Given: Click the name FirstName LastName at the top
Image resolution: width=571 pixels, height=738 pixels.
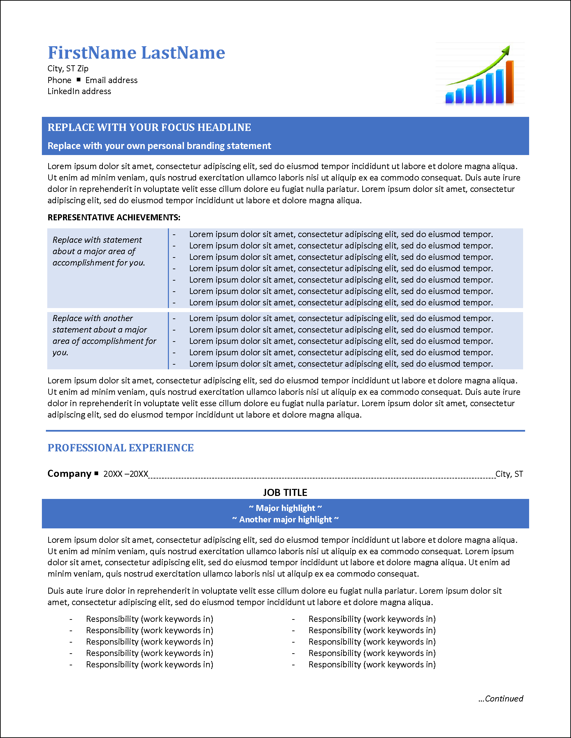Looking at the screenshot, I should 136,53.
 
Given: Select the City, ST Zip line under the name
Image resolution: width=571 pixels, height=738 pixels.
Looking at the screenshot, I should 68,69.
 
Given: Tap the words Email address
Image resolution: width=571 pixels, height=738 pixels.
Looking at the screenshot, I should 111,80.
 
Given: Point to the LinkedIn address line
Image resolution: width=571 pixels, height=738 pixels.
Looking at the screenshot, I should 79,91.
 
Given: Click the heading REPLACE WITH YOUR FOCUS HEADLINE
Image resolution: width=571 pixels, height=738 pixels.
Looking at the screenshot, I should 149,127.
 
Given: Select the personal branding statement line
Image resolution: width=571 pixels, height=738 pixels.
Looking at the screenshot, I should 159,146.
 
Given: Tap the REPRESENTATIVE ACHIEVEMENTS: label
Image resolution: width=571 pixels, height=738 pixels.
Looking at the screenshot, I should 114,217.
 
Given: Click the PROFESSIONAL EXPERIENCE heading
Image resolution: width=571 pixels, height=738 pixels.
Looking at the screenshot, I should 120,448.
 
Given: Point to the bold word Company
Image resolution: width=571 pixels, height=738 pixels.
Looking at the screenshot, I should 69,473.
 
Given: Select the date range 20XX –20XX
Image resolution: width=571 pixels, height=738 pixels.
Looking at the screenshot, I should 126,474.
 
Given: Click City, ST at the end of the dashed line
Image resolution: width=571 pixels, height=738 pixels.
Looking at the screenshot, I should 509,474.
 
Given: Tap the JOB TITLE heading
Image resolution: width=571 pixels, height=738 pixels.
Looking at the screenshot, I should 285,492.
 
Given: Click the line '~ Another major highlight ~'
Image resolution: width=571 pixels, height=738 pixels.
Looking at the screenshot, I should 285,519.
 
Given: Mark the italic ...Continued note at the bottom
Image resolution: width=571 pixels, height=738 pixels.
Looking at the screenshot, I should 501,698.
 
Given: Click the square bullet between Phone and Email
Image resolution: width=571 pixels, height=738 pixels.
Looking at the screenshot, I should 78,80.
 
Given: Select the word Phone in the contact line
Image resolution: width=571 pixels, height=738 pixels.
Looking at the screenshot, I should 60,80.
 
